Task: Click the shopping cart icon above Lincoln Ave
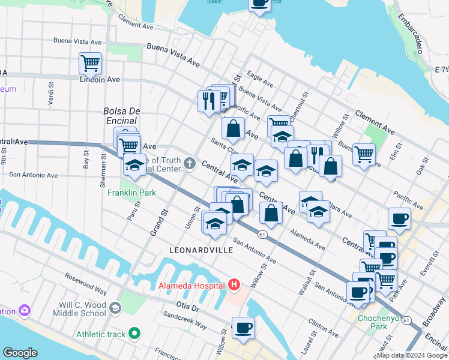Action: (x=90, y=62)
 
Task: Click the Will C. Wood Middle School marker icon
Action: (x=114, y=308)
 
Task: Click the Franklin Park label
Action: (x=132, y=193)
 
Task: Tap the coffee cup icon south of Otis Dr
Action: (x=243, y=328)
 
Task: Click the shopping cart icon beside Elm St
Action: (x=364, y=154)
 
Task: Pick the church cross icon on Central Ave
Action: (x=190, y=163)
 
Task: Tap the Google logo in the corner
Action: (x=20, y=352)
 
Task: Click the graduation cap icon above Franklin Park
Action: (x=135, y=166)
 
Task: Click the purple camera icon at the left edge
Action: (x=25, y=311)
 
